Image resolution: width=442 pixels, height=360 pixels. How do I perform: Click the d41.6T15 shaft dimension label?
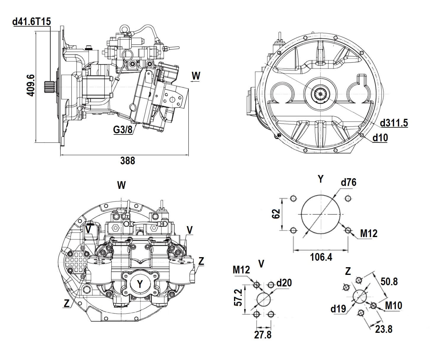pyautogui.click(x=32, y=22)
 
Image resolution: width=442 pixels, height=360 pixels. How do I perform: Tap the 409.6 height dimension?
pyautogui.click(x=31, y=85)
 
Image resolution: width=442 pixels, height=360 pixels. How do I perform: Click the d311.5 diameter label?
pyautogui.click(x=394, y=123)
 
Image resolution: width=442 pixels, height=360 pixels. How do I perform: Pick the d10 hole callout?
pyautogui.click(x=380, y=137)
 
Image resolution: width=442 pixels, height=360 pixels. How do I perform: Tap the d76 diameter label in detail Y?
pyautogui.click(x=349, y=182)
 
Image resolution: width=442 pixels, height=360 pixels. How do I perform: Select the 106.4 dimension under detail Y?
pyautogui.click(x=321, y=257)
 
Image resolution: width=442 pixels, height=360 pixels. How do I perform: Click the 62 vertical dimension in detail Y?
pyautogui.click(x=276, y=214)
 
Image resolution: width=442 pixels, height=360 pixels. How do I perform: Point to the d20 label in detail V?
pyautogui.click(x=284, y=283)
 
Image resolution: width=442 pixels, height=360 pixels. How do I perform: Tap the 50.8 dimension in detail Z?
pyautogui.click(x=389, y=281)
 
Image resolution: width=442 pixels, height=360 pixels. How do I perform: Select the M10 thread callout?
pyautogui.click(x=393, y=305)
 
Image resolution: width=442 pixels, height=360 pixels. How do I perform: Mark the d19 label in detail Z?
pyautogui.click(x=338, y=309)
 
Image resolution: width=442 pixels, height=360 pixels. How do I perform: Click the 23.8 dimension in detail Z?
pyautogui.click(x=384, y=329)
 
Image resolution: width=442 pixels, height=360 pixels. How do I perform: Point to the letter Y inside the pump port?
pyautogui.click(x=140, y=284)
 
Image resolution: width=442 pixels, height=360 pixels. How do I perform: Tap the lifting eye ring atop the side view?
pyautogui.click(x=124, y=29)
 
